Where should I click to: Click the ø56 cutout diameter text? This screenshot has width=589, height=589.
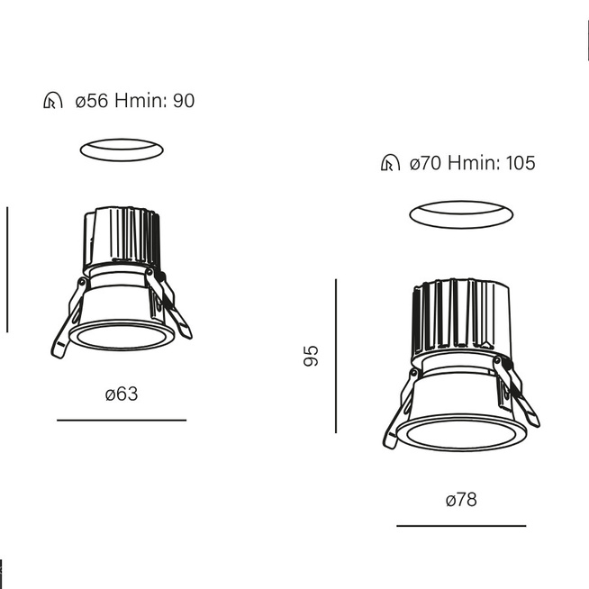[92, 101]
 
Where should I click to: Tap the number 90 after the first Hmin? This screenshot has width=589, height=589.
[184, 101]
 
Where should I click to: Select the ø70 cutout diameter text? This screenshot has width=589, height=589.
[425, 163]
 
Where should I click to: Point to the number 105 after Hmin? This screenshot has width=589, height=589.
[521, 163]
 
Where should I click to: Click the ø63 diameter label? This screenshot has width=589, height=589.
[122, 394]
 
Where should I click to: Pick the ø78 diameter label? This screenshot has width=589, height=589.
[461, 500]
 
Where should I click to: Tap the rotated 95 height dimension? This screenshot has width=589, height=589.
[311, 356]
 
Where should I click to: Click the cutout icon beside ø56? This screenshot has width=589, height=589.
[53, 101]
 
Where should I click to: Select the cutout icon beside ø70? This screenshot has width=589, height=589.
[390, 163]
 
